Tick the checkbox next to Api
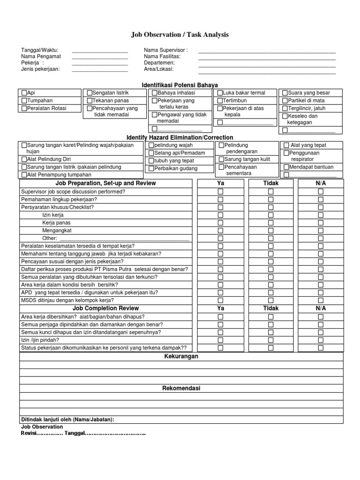point(24,93)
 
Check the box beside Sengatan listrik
point(90,93)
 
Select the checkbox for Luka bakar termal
point(220,93)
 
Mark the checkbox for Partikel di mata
point(285,100)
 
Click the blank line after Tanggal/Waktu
point(99,50)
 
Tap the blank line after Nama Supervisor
point(267,50)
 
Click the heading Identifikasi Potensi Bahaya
point(180,85)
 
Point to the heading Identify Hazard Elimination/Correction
point(180,137)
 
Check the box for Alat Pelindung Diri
point(24,159)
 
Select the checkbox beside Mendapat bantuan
point(286,167)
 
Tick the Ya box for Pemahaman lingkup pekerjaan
point(220,199)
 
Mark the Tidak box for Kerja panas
point(270,223)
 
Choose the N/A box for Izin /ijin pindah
point(321,340)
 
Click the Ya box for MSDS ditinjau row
point(220,300)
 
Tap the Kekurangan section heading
point(181,356)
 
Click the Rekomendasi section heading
point(181,389)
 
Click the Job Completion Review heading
point(105,308)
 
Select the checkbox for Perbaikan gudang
point(151,169)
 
